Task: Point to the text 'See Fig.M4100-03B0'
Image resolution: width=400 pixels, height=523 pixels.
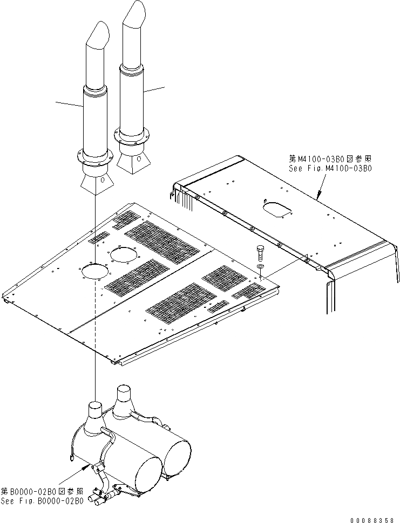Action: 330,168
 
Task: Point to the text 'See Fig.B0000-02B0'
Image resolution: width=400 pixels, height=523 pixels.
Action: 42,501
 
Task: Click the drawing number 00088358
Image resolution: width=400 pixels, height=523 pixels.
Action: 373,520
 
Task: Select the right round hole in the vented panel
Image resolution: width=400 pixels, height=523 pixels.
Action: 125,255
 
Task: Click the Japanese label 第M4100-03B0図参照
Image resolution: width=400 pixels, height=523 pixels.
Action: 330,159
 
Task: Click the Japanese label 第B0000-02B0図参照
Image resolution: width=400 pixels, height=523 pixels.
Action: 42,491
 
